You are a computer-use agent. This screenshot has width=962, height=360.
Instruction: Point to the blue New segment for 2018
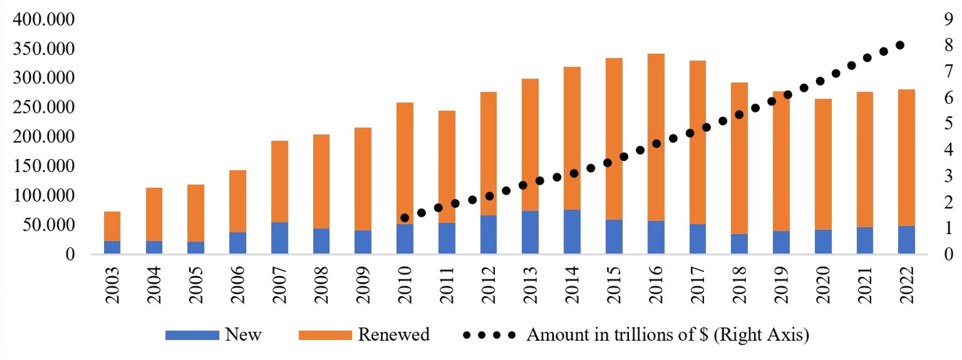point(739,244)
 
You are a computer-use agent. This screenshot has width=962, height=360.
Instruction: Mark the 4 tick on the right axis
point(950,149)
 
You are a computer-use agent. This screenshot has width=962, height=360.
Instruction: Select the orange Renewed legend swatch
point(324,336)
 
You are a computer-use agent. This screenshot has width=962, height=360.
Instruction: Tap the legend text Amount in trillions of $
point(667,336)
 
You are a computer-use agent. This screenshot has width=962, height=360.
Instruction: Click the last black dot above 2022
point(899,45)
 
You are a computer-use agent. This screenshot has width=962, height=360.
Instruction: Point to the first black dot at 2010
point(405,218)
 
